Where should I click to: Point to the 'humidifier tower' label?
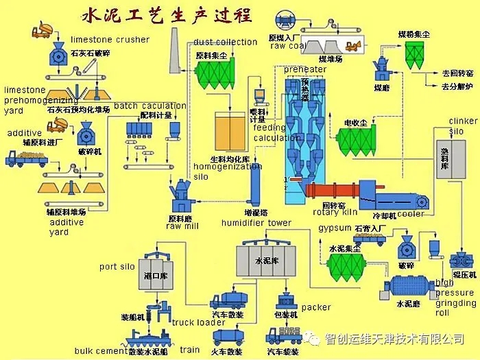pos(256,224)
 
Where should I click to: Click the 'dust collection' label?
pos(225,43)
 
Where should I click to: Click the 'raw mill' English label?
pos(182,226)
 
